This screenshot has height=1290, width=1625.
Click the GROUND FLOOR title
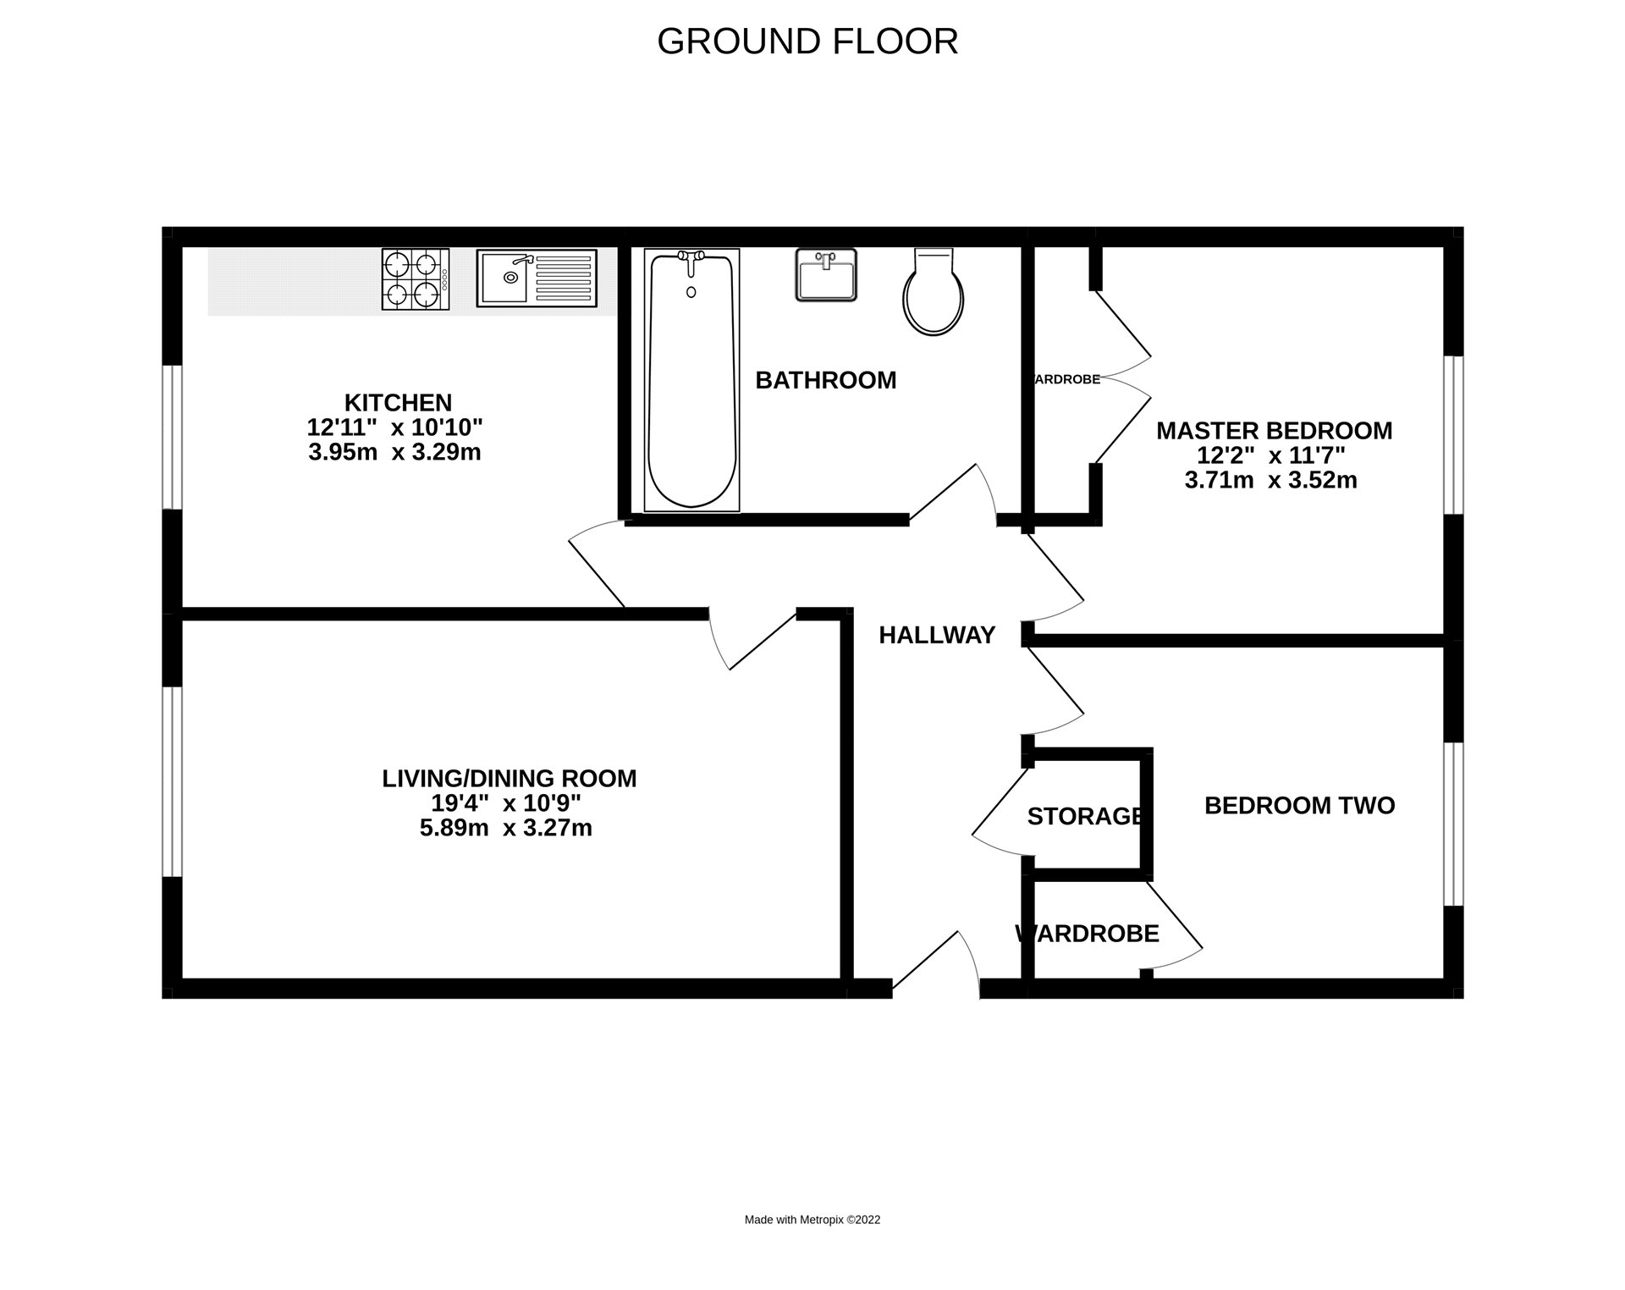[x=807, y=41]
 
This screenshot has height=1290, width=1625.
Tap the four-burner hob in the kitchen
[x=415, y=279]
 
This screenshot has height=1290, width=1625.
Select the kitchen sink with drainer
[x=536, y=278]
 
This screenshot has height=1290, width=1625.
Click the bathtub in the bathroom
[x=691, y=380]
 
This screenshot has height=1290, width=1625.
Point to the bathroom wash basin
[x=826, y=274]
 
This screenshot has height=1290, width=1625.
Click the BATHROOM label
[x=825, y=381]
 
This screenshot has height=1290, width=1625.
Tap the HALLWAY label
[x=936, y=635]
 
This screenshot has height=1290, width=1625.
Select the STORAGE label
[x=1085, y=816]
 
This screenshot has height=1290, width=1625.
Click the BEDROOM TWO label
[x=1299, y=805]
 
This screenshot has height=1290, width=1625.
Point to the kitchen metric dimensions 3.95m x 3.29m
[x=394, y=452]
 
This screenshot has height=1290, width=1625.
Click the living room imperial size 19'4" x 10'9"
[x=506, y=802]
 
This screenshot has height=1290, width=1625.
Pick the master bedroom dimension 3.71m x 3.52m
[x=1270, y=481]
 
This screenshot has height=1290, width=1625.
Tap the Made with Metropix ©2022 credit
[x=812, y=1220]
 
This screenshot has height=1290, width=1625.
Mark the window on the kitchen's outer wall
[x=173, y=437]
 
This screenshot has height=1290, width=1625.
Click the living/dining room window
[x=173, y=780]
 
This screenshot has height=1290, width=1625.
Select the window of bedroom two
[x=1452, y=824]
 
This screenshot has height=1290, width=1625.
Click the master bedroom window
[x=1452, y=435]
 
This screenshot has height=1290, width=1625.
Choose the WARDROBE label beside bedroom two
[x=1088, y=934]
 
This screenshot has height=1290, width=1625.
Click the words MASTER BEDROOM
[x=1274, y=431]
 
